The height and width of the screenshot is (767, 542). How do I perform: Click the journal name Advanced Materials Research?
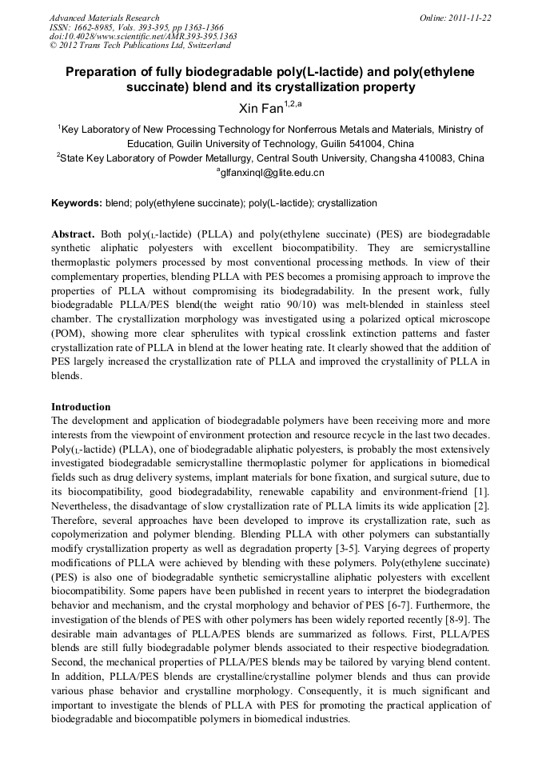pyautogui.click(x=104, y=18)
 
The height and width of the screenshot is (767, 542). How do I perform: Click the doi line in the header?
pyautogui.click(x=143, y=36)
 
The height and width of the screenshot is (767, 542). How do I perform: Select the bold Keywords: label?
pyautogui.click(x=76, y=203)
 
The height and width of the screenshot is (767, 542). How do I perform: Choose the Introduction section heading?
pyautogui.click(x=81, y=406)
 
